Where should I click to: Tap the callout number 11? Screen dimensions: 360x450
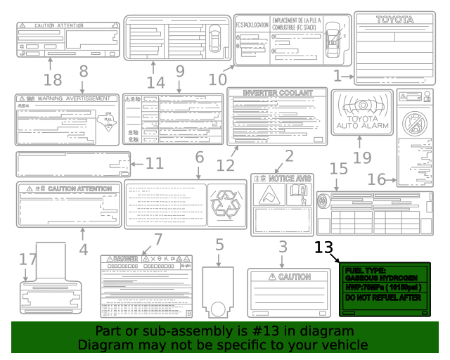154,164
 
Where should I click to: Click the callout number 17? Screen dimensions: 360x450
27,259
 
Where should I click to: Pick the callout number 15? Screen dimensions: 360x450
339,168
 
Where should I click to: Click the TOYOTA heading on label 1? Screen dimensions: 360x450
394,20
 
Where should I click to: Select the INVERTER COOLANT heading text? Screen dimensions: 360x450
277,93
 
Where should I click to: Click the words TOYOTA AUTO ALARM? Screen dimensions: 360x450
361,122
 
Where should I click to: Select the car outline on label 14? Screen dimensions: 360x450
215,32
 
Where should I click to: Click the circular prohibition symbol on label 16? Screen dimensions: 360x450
414,124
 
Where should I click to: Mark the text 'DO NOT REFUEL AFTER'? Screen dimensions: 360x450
379,297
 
